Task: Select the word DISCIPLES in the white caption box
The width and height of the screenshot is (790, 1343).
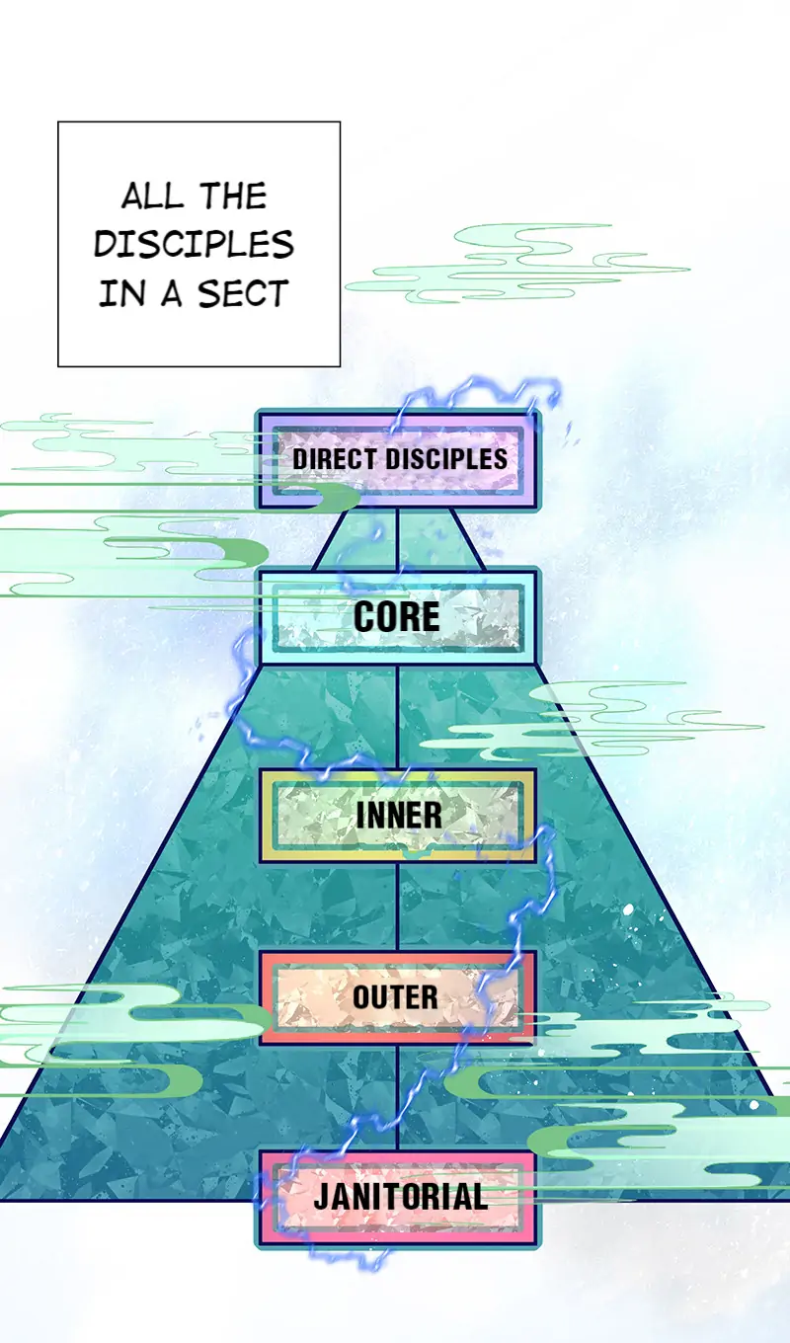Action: tap(194, 244)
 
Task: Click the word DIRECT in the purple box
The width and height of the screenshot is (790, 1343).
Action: tap(335, 459)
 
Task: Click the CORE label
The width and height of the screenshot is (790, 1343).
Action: tap(397, 617)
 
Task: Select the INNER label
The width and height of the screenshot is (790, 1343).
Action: tap(398, 816)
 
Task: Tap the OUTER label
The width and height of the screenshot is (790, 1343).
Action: tap(396, 997)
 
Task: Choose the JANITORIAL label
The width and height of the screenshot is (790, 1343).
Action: tap(400, 1198)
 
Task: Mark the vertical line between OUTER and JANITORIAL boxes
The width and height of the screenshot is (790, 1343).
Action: tap(397, 1096)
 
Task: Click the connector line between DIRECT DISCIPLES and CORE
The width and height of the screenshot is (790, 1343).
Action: tap(397, 539)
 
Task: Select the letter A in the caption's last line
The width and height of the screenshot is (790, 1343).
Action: tap(172, 293)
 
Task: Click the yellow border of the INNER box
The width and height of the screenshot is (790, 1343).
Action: tap(266, 816)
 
